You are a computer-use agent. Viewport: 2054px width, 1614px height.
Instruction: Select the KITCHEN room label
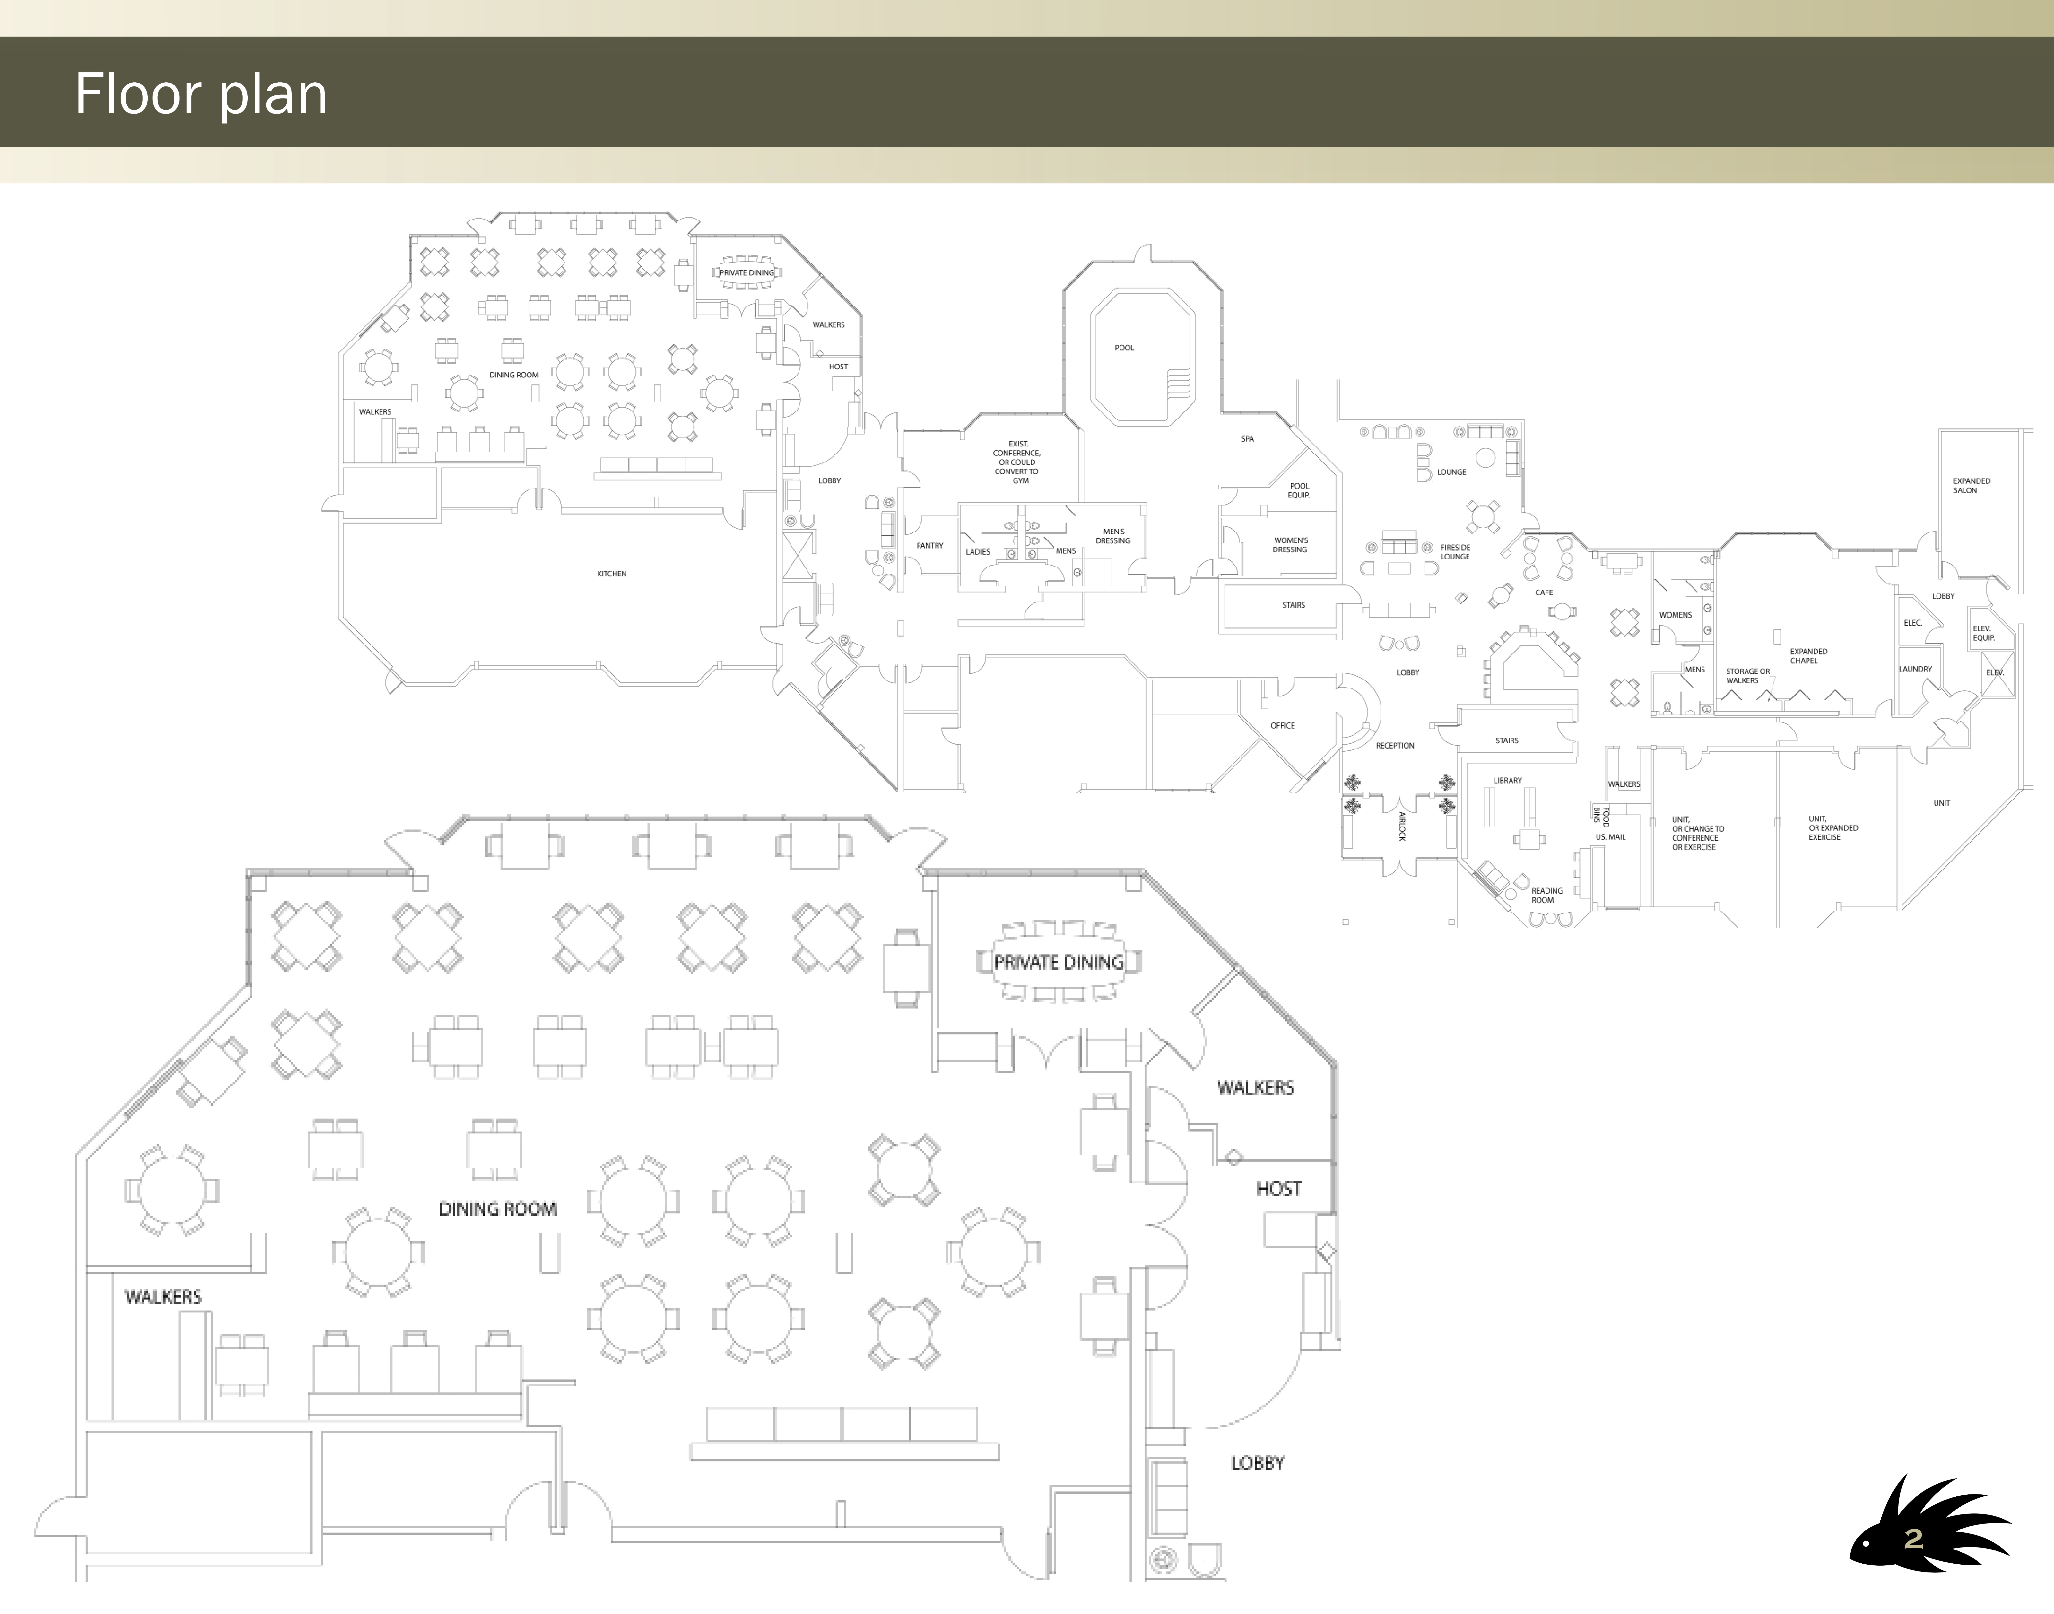point(611,574)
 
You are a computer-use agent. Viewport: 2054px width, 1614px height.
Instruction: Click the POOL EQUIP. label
point(1299,491)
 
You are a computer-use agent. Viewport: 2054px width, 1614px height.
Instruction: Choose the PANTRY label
point(930,546)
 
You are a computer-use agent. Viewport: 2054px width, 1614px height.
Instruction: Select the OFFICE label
point(1282,726)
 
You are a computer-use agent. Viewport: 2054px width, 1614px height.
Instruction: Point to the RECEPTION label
point(1395,746)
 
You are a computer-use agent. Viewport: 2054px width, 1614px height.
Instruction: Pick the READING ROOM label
point(1547,895)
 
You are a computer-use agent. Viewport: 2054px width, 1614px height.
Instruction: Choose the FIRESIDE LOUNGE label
point(1455,552)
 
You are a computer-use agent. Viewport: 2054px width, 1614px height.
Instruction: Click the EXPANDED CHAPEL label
point(1808,656)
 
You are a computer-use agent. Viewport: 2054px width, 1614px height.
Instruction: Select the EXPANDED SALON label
point(1972,486)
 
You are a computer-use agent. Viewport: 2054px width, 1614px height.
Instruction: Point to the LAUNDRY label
point(1915,669)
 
